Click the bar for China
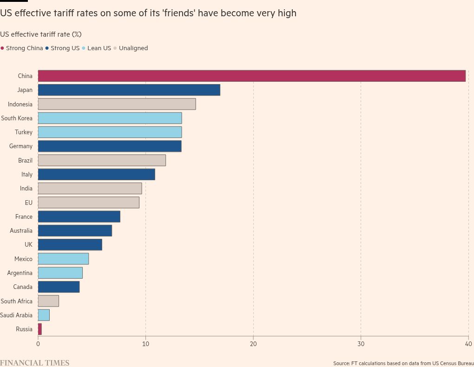click(251, 76)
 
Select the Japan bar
click(129, 90)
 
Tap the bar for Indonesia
click(117, 104)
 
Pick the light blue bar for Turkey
click(110, 132)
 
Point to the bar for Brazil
click(102, 160)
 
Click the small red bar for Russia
click(40, 329)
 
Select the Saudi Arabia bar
click(44, 315)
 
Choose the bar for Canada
click(59, 287)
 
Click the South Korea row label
click(17, 118)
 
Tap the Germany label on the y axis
click(21, 146)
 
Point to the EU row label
click(28, 203)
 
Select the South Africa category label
click(17, 301)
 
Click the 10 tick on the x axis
click(145, 344)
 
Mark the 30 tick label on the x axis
click(361, 344)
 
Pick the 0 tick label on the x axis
click(38, 344)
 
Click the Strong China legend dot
click(2, 48)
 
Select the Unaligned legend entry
click(133, 48)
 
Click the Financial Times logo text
click(35, 363)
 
